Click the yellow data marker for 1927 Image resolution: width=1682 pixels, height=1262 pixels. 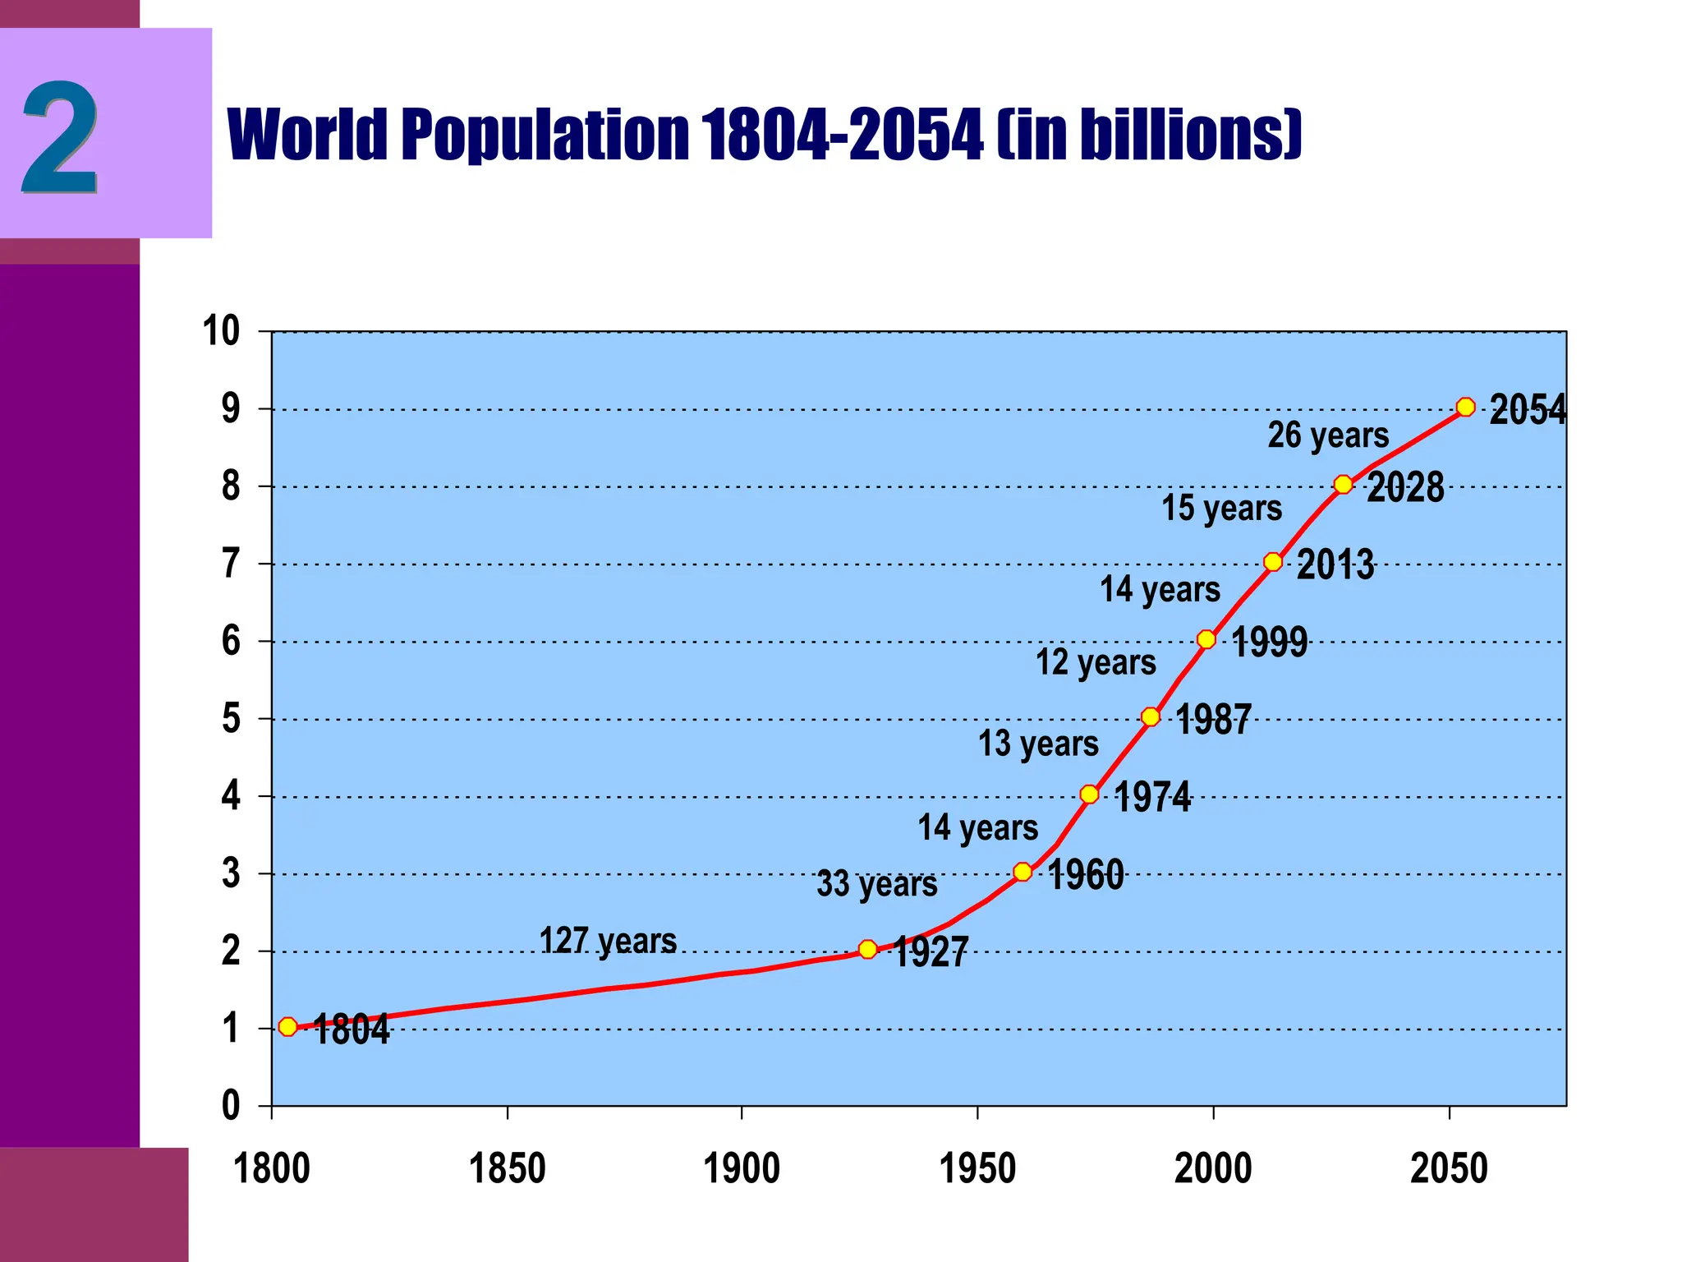point(867,949)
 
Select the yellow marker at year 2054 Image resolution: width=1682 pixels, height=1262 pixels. point(1465,407)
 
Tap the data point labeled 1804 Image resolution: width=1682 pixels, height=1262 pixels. point(287,1026)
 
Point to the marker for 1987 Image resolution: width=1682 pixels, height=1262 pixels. point(1151,716)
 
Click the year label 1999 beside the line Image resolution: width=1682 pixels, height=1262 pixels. point(1269,642)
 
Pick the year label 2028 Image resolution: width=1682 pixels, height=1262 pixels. point(1405,487)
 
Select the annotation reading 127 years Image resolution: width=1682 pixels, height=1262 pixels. point(608,941)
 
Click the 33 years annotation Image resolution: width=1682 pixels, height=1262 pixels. point(876,884)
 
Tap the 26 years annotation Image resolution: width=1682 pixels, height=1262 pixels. point(1328,435)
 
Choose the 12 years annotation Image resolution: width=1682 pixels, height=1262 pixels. point(1095,662)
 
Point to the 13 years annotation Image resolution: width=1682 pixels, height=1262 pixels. point(1037,744)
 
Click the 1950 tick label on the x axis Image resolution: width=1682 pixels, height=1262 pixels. point(977,1168)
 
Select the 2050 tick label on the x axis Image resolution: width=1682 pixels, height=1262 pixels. point(1449,1168)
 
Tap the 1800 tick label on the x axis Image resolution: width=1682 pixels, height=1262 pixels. point(272,1168)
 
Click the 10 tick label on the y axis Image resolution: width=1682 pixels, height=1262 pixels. point(221,331)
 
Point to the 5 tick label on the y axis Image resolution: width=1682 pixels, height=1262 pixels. point(231,719)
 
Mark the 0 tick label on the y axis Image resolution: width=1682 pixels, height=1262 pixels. point(231,1106)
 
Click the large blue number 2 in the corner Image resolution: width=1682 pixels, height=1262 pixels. point(61,137)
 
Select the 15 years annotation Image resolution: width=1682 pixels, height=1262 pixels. point(1221,508)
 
